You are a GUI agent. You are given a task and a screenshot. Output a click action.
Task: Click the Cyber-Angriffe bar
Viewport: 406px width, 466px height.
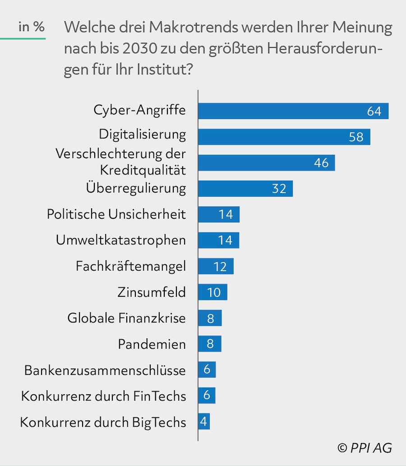click(293, 111)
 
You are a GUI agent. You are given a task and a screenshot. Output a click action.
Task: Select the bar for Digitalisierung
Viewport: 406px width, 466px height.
click(284, 137)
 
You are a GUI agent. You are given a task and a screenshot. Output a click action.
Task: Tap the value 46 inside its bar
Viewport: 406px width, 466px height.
click(321, 163)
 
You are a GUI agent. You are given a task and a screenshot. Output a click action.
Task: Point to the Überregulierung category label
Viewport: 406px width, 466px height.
click(136, 188)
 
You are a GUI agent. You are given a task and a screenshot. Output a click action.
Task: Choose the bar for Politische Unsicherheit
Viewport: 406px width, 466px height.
click(219, 214)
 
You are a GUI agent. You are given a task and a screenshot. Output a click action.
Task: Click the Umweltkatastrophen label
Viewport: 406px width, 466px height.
click(121, 240)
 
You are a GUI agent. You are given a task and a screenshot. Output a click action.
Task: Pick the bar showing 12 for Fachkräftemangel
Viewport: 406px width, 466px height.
click(216, 266)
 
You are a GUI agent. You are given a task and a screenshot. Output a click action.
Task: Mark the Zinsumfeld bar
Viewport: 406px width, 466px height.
click(212, 292)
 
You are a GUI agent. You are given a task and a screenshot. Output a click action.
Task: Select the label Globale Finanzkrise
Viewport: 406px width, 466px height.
click(127, 318)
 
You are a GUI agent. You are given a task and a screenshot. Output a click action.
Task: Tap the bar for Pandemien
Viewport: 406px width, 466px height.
click(210, 344)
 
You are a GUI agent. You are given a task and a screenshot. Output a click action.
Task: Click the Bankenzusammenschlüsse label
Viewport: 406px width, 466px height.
click(105, 370)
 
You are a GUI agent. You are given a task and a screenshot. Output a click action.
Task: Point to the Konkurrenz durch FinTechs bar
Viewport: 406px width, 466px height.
click(207, 396)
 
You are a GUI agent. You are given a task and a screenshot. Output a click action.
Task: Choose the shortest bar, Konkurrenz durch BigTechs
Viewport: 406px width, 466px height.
click(204, 422)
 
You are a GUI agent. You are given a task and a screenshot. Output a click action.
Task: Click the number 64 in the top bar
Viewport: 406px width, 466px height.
click(374, 111)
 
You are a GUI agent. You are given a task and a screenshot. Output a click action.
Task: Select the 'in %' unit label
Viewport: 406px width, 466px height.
click(32, 27)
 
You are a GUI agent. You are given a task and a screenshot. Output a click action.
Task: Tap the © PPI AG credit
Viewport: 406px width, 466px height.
click(364, 448)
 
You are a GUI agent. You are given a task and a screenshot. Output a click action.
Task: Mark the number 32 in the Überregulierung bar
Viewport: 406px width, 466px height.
click(279, 189)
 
